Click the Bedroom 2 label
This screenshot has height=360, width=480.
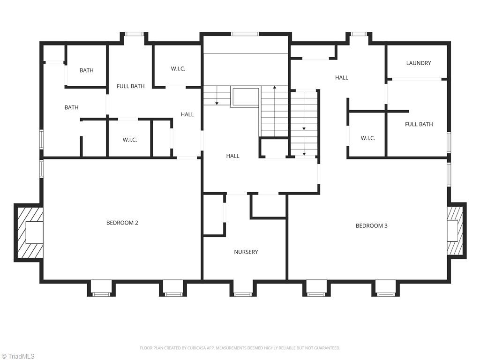[122, 223]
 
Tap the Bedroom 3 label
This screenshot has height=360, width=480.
[371, 225]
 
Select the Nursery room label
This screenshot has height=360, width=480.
[246, 252]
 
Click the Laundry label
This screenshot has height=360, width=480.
[418, 63]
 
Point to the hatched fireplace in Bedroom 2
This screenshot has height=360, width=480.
[29, 233]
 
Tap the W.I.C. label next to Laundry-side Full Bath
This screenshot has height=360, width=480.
[367, 138]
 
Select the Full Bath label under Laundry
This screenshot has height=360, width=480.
[418, 124]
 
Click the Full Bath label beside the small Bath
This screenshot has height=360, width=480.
[130, 86]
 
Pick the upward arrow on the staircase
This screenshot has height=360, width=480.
[274, 88]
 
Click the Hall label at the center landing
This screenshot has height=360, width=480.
[232, 156]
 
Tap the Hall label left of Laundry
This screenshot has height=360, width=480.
[341, 77]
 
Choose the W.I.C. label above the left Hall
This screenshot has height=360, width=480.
[178, 68]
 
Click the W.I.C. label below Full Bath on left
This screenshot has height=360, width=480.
[129, 140]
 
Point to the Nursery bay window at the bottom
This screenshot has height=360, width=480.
[242, 294]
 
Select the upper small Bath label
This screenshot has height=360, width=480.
[86, 70]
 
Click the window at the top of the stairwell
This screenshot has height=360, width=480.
[245, 34]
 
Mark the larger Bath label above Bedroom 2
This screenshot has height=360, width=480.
[71, 107]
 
